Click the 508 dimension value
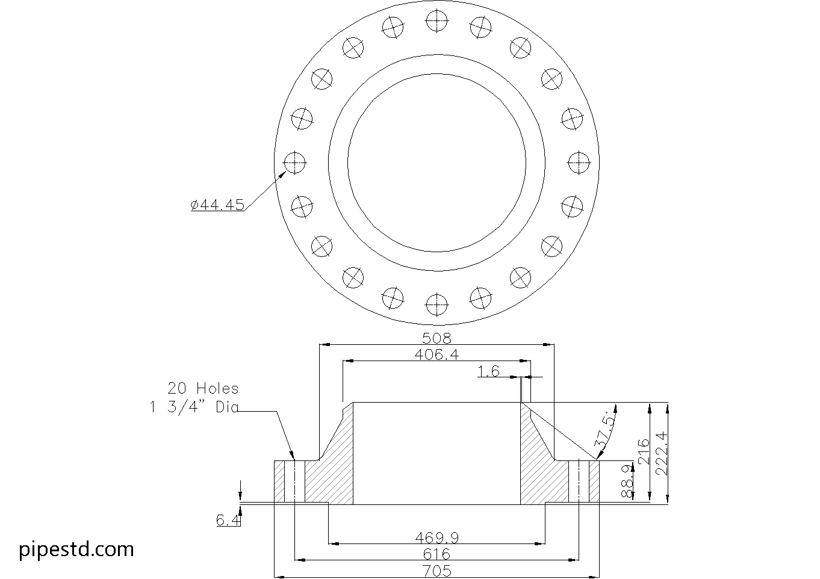point(436,338)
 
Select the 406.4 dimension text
point(436,355)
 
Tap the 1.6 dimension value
point(489,371)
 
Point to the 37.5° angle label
point(604,432)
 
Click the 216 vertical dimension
point(643,452)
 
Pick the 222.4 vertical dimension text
point(662,453)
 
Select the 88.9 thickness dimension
point(627,481)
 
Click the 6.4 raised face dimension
point(228,519)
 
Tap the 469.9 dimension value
point(436,537)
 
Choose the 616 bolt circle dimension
point(436,554)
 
